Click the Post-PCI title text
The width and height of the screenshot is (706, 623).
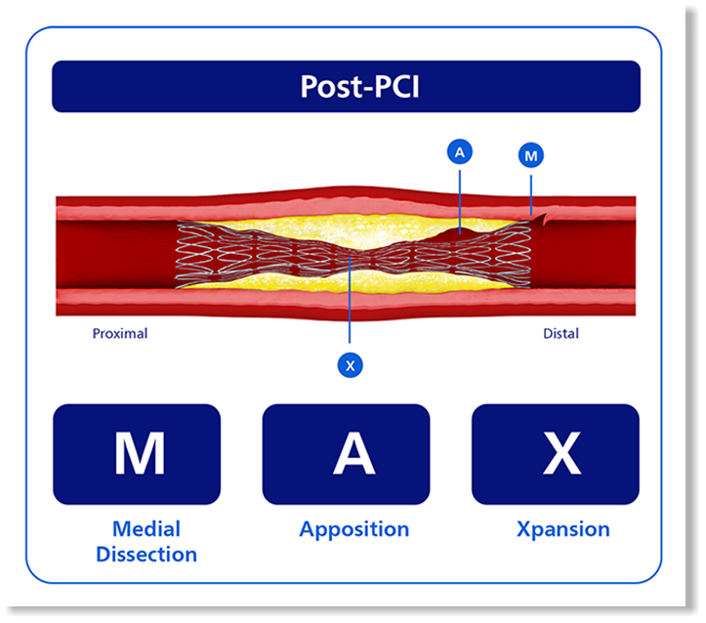click(359, 86)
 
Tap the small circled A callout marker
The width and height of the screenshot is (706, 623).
click(459, 152)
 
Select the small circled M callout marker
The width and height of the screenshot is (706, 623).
click(531, 155)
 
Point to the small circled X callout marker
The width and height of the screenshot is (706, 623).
click(350, 365)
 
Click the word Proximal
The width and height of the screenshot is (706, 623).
click(120, 334)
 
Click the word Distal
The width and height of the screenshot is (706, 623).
click(561, 334)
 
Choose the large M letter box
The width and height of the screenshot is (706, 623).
click(137, 454)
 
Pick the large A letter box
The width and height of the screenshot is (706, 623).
click(346, 454)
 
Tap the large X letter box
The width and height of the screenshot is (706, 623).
click(556, 454)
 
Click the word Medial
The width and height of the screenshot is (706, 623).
click(146, 529)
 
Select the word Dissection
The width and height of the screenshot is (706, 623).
click(146, 554)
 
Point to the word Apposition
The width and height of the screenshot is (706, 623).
click(354, 530)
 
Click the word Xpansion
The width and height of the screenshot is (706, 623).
click(563, 530)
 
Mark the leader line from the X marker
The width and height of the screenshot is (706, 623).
click(350, 300)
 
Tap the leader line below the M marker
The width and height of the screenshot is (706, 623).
click(531, 195)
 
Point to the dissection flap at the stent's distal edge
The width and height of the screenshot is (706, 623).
click(539, 219)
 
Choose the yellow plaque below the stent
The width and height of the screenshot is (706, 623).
click(352, 282)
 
